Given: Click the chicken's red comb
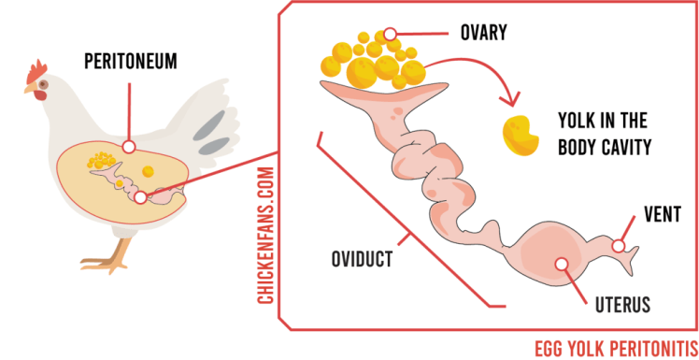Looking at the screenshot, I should (38, 69).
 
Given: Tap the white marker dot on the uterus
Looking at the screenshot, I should (562, 264).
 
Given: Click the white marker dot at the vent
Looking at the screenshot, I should (618, 246).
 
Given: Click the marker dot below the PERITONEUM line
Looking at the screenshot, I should (130, 147).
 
